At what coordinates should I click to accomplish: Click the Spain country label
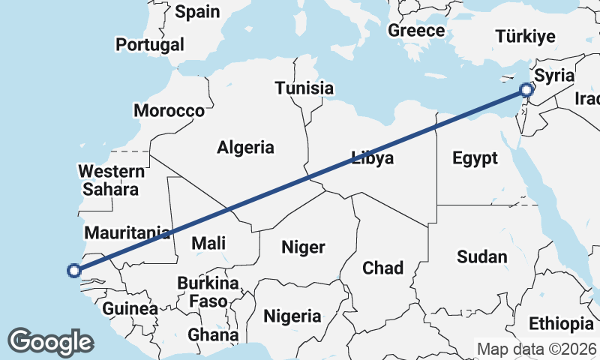tap(197, 12)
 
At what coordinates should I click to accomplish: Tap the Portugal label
tap(149, 44)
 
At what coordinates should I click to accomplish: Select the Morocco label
tap(169, 111)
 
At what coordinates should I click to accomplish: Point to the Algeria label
tap(245, 147)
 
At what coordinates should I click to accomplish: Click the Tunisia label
tap(304, 88)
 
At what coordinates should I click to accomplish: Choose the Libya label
tap(373, 158)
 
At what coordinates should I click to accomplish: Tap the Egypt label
tap(475, 158)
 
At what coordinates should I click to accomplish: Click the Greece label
tap(416, 31)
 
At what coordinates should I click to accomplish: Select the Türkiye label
tap(525, 37)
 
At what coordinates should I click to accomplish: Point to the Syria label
tap(556, 76)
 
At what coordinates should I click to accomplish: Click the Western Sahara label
tap(110, 180)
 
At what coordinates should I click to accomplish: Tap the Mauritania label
tap(127, 232)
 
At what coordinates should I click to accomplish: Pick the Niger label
tap(303, 247)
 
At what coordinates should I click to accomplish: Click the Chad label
tap(382, 268)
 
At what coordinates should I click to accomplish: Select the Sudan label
tap(482, 257)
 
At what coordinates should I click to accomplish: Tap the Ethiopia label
tap(561, 324)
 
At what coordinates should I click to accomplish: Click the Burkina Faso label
tap(208, 292)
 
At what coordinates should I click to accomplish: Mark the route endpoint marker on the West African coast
tap(73, 271)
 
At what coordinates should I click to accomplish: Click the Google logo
tap(50, 341)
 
